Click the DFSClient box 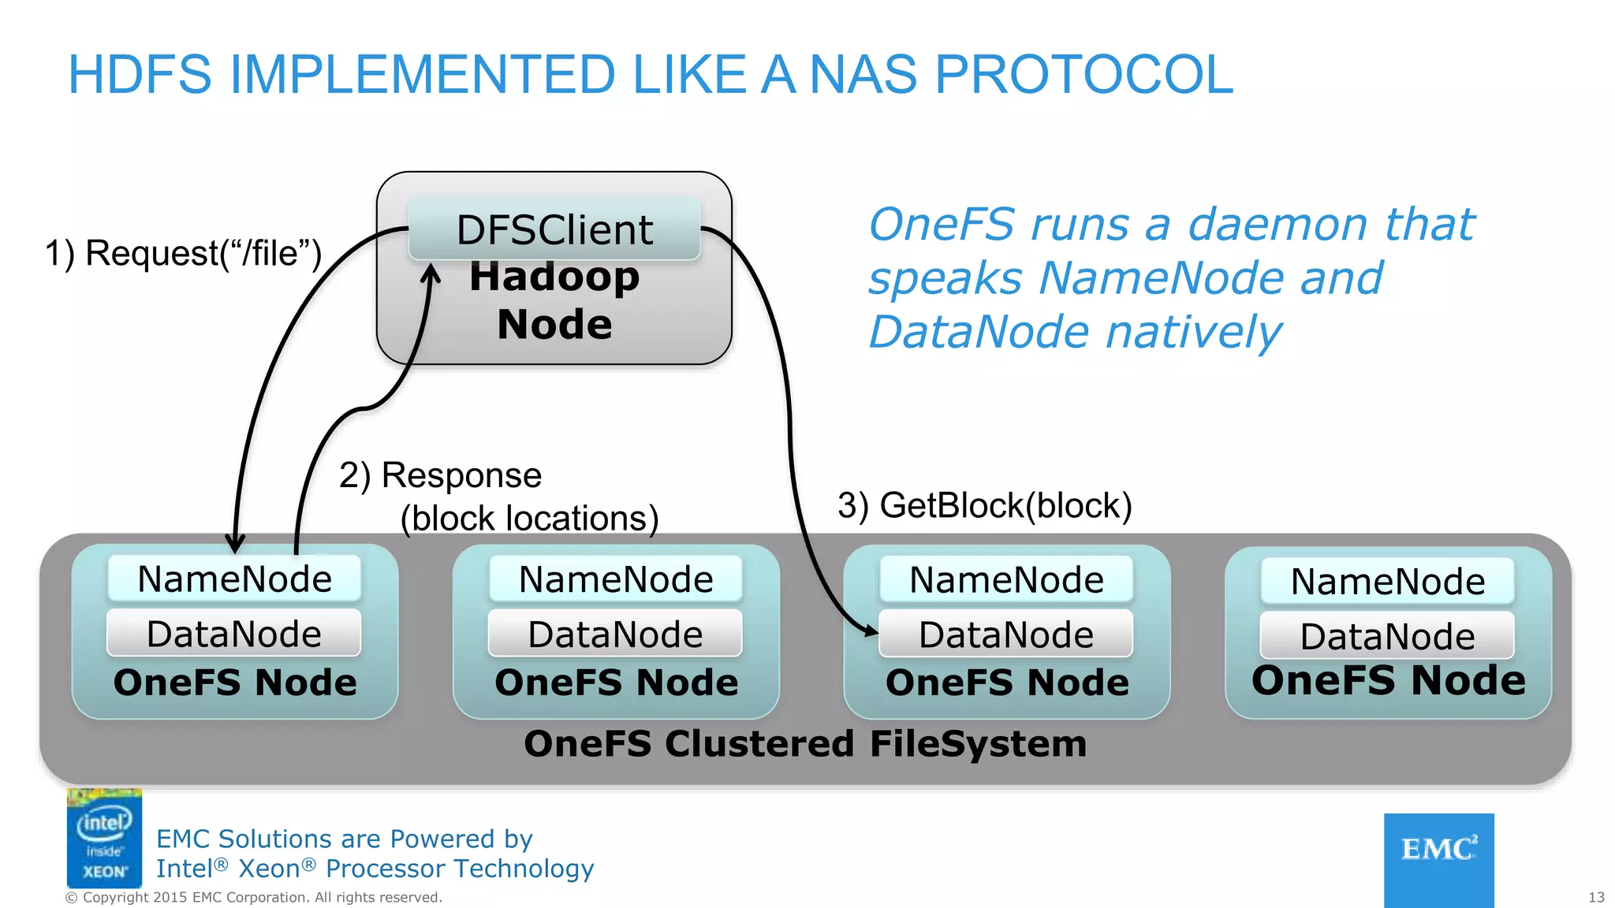(554, 229)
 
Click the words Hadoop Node (554, 300)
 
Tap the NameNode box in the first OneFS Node (234, 579)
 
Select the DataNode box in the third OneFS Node (1005, 634)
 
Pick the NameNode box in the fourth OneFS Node (1387, 582)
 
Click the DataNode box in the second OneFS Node (615, 634)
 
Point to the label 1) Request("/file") (183, 254)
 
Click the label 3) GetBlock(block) (984, 505)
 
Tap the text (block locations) (529, 519)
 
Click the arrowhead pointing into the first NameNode (235, 544)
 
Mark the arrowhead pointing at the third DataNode (870, 631)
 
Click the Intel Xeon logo (104, 838)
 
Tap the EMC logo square (1438, 859)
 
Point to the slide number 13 (1596, 897)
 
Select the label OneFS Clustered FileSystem (805, 744)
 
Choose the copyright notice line (253, 897)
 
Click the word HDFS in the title (140, 75)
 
